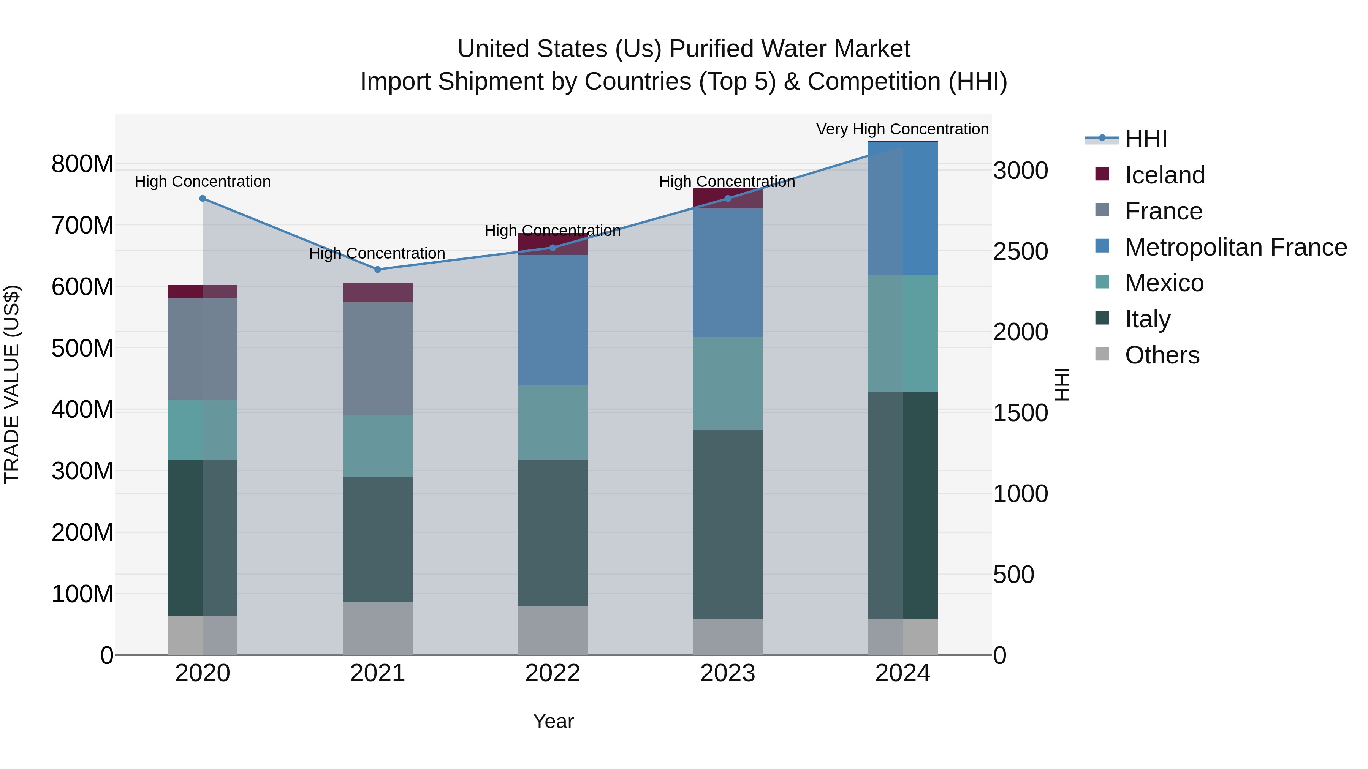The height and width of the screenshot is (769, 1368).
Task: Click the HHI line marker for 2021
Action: [x=378, y=270]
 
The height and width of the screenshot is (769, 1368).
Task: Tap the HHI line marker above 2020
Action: [x=202, y=199]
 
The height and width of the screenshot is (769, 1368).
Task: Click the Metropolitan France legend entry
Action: [x=1235, y=247]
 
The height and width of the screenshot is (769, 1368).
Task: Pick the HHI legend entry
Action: [x=1145, y=139]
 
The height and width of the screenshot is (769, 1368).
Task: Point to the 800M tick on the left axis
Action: [x=82, y=164]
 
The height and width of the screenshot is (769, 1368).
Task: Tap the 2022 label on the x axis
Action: [x=552, y=673]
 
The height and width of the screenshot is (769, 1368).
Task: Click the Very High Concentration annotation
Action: [x=902, y=129]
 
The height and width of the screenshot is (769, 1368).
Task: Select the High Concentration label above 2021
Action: [x=377, y=253]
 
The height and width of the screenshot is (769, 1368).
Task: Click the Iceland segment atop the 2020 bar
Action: [x=202, y=291]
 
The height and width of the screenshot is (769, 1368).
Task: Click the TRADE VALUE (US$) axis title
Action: [x=12, y=384]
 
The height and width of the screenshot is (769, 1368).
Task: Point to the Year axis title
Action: [x=553, y=721]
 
